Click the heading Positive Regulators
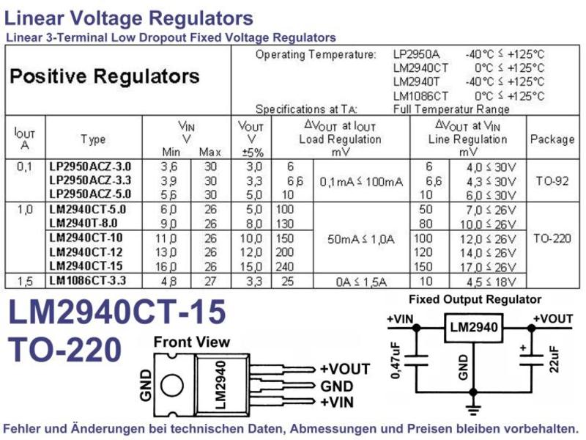(105, 76)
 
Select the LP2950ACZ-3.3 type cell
(90, 180)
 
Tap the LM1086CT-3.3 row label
(87, 280)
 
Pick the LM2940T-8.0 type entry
(84, 223)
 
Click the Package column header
(552, 139)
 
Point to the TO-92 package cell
(552, 181)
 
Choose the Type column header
(93, 139)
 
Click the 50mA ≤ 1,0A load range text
(361, 239)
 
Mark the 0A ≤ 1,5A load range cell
(361, 282)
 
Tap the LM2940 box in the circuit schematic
(473, 328)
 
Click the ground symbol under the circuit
(473, 409)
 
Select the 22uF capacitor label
(555, 359)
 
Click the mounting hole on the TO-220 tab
(172, 386)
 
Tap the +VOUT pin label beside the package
(345, 369)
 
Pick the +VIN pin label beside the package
(337, 402)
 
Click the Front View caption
(192, 342)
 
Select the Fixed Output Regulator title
(475, 299)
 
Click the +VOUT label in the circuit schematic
(553, 319)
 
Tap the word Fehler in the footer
(22, 429)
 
